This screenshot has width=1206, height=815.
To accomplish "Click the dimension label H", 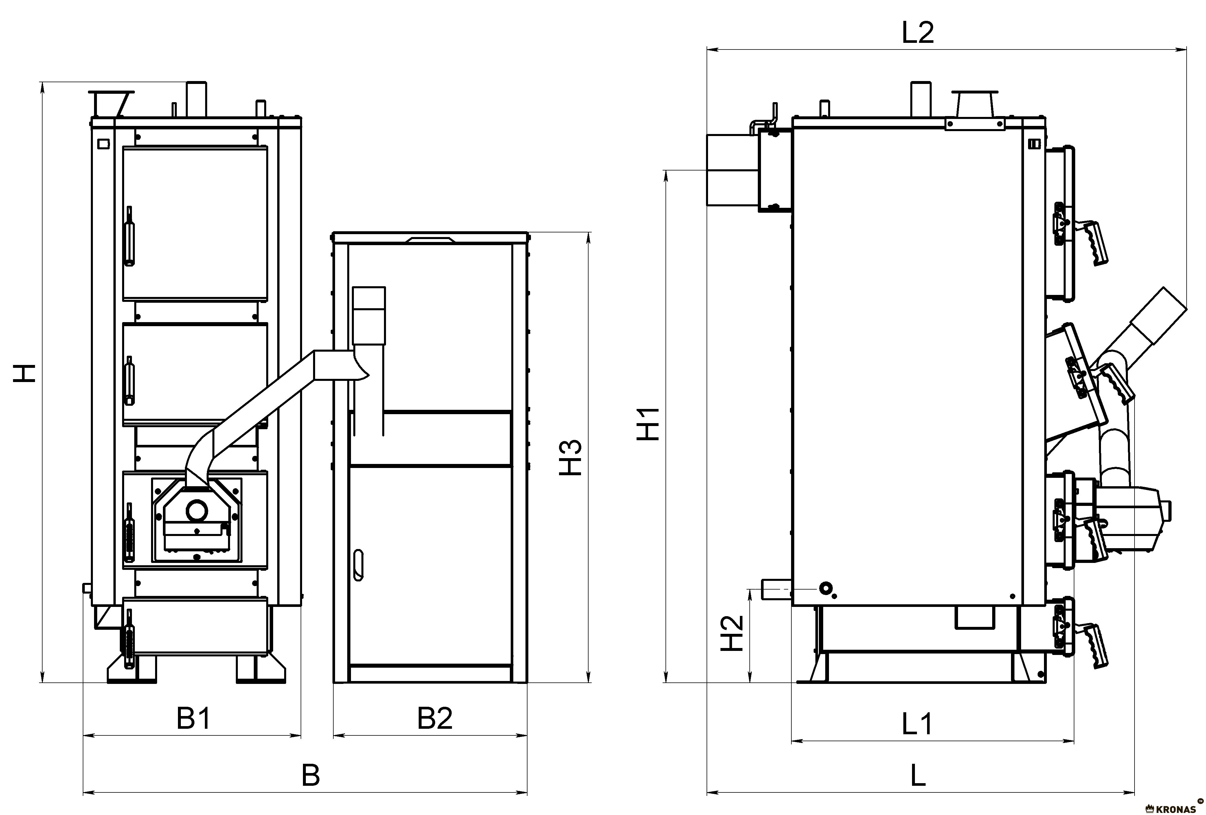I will pyautogui.click(x=24, y=373).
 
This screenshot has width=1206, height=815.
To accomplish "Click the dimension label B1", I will pyautogui.click(x=194, y=719).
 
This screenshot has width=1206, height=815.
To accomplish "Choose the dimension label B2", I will pyautogui.click(x=435, y=719).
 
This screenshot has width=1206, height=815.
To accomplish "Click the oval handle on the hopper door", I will pyautogui.click(x=357, y=565).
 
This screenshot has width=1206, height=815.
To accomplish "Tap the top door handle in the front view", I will pyautogui.click(x=129, y=236).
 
